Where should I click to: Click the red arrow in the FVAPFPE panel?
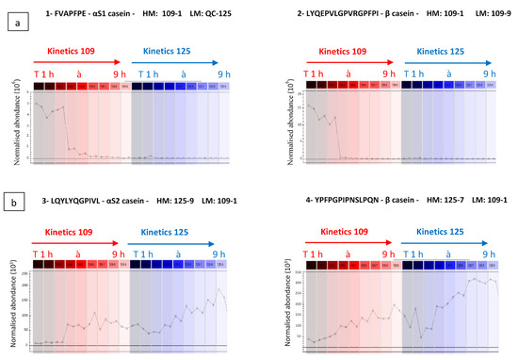coord(76,58)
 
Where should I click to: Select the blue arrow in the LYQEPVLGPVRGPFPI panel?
coord(447,58)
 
